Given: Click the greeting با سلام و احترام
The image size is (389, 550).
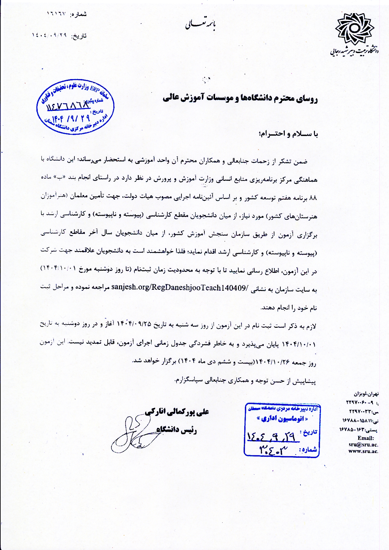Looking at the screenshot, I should (x=289, y=134).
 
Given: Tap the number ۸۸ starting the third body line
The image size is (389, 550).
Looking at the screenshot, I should (x=313, y=198).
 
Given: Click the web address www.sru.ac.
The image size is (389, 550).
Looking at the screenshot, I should (x=363, y=451).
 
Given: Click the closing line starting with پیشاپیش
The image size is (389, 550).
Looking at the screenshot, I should (x=245, y=381).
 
